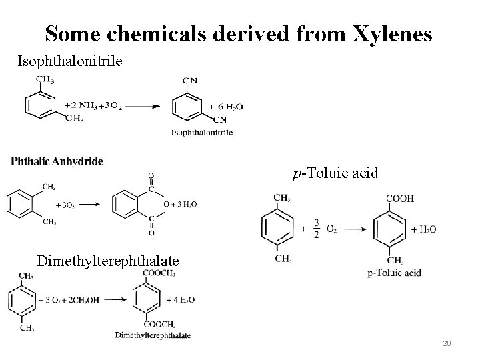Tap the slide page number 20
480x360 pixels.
pyautogui.click(x=447, y=343)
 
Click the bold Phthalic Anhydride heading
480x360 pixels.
pyautogui.click(x=57, y=161)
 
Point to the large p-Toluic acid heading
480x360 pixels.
pyautogui.click(x=335, y=173)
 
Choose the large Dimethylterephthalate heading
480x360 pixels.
pyautogui.click(x=108, y=260)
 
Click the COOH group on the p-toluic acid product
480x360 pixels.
pyautogui.click(x=400, y=198)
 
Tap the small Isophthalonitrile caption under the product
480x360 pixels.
pyautogui.click(x=202, y=133)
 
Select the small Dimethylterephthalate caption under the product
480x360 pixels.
pyautogui.click(x=153, y=335)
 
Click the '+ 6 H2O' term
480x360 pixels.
pyautogui.click(x=227, y=107)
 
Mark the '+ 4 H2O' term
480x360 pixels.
pyautogui.click(x=179, y=301)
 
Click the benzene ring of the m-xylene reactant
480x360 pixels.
pyautogui.click(x=36, y=105)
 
